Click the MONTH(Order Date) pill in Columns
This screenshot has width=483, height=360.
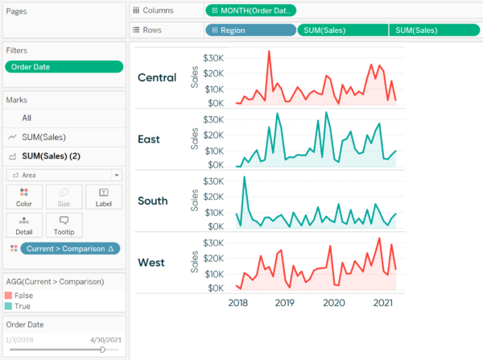point(251,10)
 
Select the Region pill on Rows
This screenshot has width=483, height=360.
point(250,30)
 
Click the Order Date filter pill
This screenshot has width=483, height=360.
point(64,67)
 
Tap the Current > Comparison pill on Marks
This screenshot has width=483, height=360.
point(71,249)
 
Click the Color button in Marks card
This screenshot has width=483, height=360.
point(24,197)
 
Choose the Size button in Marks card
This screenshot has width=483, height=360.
point(64,197)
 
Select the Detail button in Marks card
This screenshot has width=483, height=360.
point(24,225)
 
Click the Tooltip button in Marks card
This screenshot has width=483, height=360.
point(64,225)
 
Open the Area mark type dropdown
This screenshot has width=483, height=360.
point(64,174)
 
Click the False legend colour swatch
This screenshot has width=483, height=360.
point(9,296)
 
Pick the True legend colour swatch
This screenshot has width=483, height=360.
point(9,306)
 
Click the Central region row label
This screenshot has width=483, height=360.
point(158,78)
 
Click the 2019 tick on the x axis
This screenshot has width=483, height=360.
point(285,303)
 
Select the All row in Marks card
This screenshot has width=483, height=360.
point(27,118)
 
